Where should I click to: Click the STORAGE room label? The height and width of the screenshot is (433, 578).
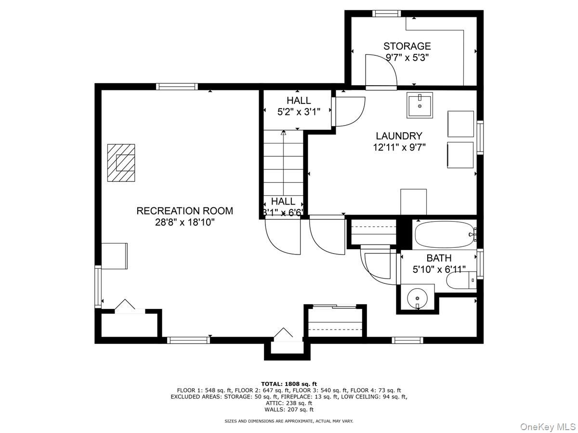[x=407, y=46]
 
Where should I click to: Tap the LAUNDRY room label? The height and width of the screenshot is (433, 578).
[x=399, y=136]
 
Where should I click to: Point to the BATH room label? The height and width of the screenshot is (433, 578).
[x=439, y=258]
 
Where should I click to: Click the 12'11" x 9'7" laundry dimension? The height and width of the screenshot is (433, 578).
[x=399, y=147]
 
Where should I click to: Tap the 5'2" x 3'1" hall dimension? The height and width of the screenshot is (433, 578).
[x=299, y=112]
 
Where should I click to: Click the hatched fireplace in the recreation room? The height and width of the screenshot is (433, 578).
[x=121, y=163]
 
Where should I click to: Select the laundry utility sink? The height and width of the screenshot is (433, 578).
[x=420, y=105]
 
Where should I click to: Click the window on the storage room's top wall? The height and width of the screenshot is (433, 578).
[x=387, y=13]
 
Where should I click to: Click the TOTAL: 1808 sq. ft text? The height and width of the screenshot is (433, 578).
[x=289, y=383]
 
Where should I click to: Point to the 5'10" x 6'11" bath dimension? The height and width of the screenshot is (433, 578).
[x=439, y=269]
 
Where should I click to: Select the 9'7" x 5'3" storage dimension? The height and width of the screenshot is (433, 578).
[x=407, y=57]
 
